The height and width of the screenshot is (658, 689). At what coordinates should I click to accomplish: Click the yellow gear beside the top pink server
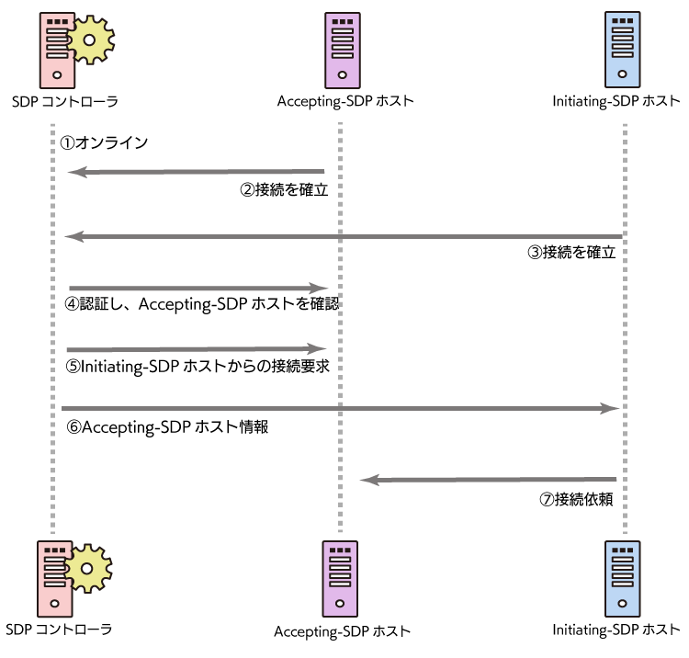coord(91,40)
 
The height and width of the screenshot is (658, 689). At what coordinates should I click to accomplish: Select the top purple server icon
coord(343,51)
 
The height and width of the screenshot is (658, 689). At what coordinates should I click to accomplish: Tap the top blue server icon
coord(622,50)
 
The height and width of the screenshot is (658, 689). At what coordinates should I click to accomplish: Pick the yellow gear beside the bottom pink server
coord(88,568)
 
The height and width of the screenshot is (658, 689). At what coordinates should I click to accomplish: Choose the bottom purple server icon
coord(340,579)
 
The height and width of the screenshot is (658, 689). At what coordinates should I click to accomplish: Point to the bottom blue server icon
coord(622,579)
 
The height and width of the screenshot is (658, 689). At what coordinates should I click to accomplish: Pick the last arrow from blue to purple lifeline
coord(487,480)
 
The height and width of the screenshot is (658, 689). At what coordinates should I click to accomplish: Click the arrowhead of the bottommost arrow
coord(369,480)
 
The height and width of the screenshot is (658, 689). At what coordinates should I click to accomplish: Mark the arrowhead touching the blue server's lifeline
coord(610,408)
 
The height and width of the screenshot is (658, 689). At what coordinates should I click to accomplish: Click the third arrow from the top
coord(198,289)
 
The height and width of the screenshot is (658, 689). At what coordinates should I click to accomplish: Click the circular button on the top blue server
coord(622,74)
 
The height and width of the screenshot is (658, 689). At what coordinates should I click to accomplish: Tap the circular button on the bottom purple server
coord(340,604)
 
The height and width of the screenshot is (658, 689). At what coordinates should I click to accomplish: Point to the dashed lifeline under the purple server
coord(340,441)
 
